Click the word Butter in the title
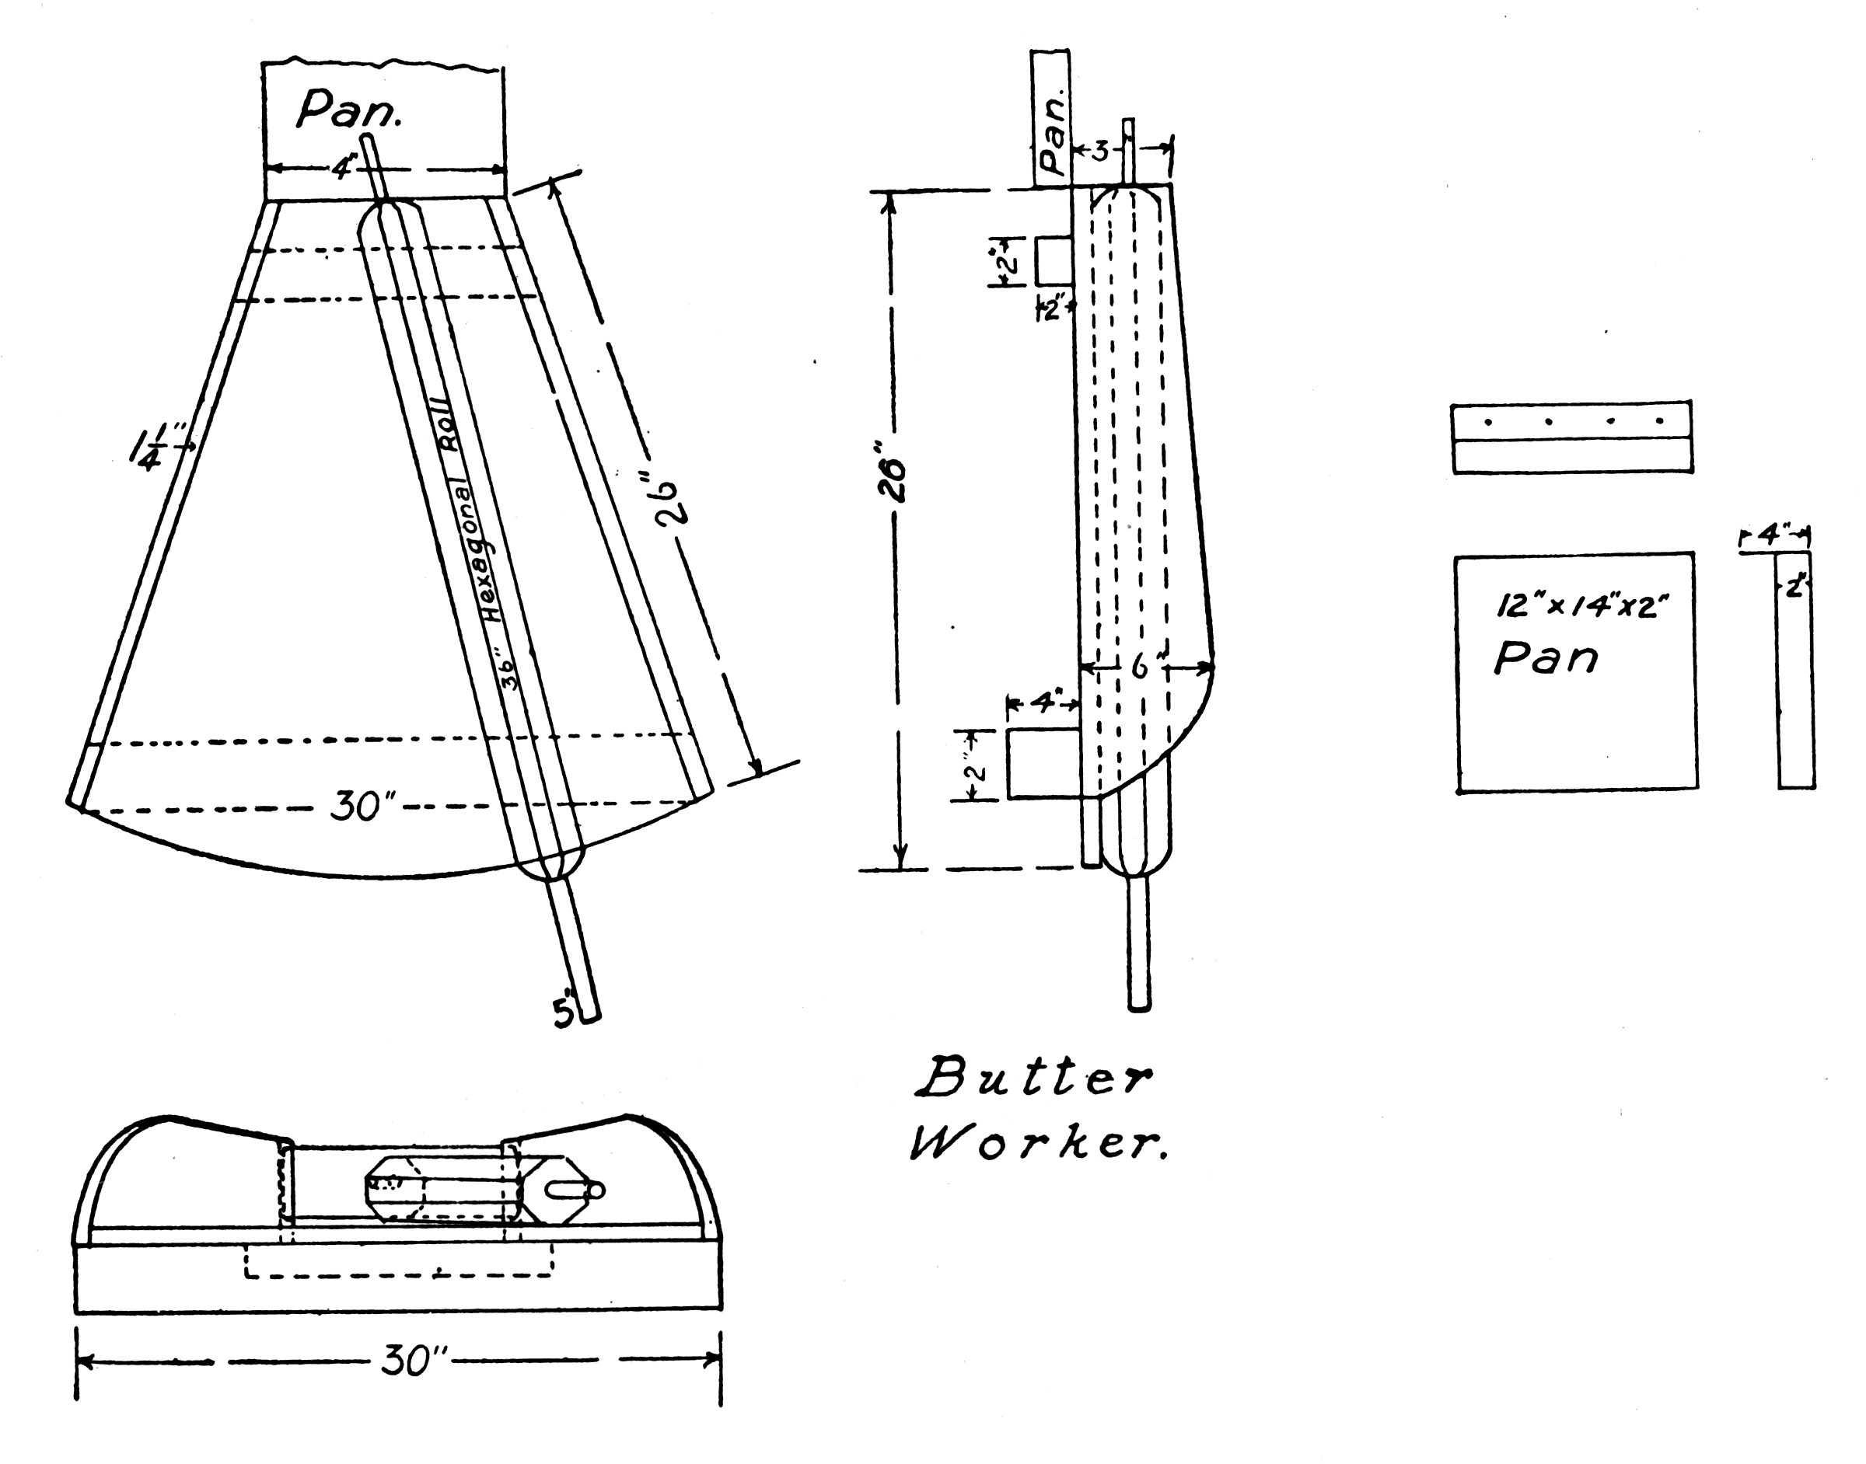(x=1034, y=1079)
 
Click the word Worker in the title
(x=1038, y=1145)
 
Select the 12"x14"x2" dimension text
(x=1582, y=606)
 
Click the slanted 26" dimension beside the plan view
(x=667, y=501)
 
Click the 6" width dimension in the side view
(x=1140, y=666)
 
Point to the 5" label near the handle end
(x=564, y=1013)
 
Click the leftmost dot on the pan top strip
(x=1489, y=422)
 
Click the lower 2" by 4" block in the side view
(x=1043, y=764)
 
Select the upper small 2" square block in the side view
(x=1053, y=261)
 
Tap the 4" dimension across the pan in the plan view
(x=342, y=168)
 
